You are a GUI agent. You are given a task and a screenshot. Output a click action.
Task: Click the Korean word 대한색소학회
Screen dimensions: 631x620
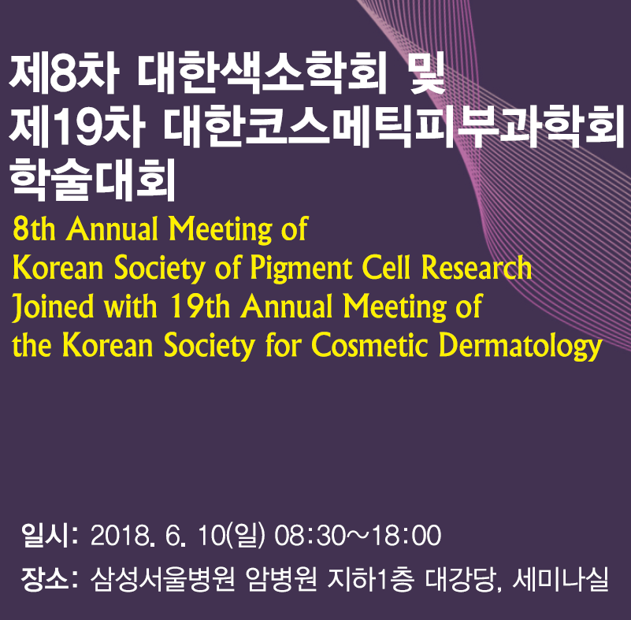pos(261,72)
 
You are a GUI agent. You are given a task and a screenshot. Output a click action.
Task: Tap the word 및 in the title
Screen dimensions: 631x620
pos(426,72)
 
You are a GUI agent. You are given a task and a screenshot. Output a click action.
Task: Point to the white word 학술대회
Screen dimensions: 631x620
pos(93,179)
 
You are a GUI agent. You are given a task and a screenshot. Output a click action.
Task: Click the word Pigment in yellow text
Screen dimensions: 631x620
pos(301,269)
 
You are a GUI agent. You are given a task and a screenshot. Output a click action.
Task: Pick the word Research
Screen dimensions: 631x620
pos(477,267)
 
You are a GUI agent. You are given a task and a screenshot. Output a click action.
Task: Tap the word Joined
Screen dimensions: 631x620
pos(53,306)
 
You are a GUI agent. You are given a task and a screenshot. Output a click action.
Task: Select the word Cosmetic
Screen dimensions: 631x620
pos(369,345)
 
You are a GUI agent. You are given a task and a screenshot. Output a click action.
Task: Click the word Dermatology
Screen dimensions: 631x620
pos(521,347)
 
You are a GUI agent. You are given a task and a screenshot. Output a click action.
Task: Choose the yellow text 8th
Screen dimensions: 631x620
pos(34,228)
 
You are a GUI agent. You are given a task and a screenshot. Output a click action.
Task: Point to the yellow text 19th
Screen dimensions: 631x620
pos(199,306)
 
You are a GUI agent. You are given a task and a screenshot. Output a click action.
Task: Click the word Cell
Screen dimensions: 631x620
pos(386,267)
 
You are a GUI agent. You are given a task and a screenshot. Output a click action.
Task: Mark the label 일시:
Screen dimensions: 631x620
pos(50,535)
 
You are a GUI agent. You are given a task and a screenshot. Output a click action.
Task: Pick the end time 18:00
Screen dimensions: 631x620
pos(406,536)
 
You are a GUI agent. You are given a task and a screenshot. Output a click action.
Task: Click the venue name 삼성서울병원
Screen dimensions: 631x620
pos(162,579)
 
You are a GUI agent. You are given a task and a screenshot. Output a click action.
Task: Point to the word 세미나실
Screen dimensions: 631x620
pos(561,579)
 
